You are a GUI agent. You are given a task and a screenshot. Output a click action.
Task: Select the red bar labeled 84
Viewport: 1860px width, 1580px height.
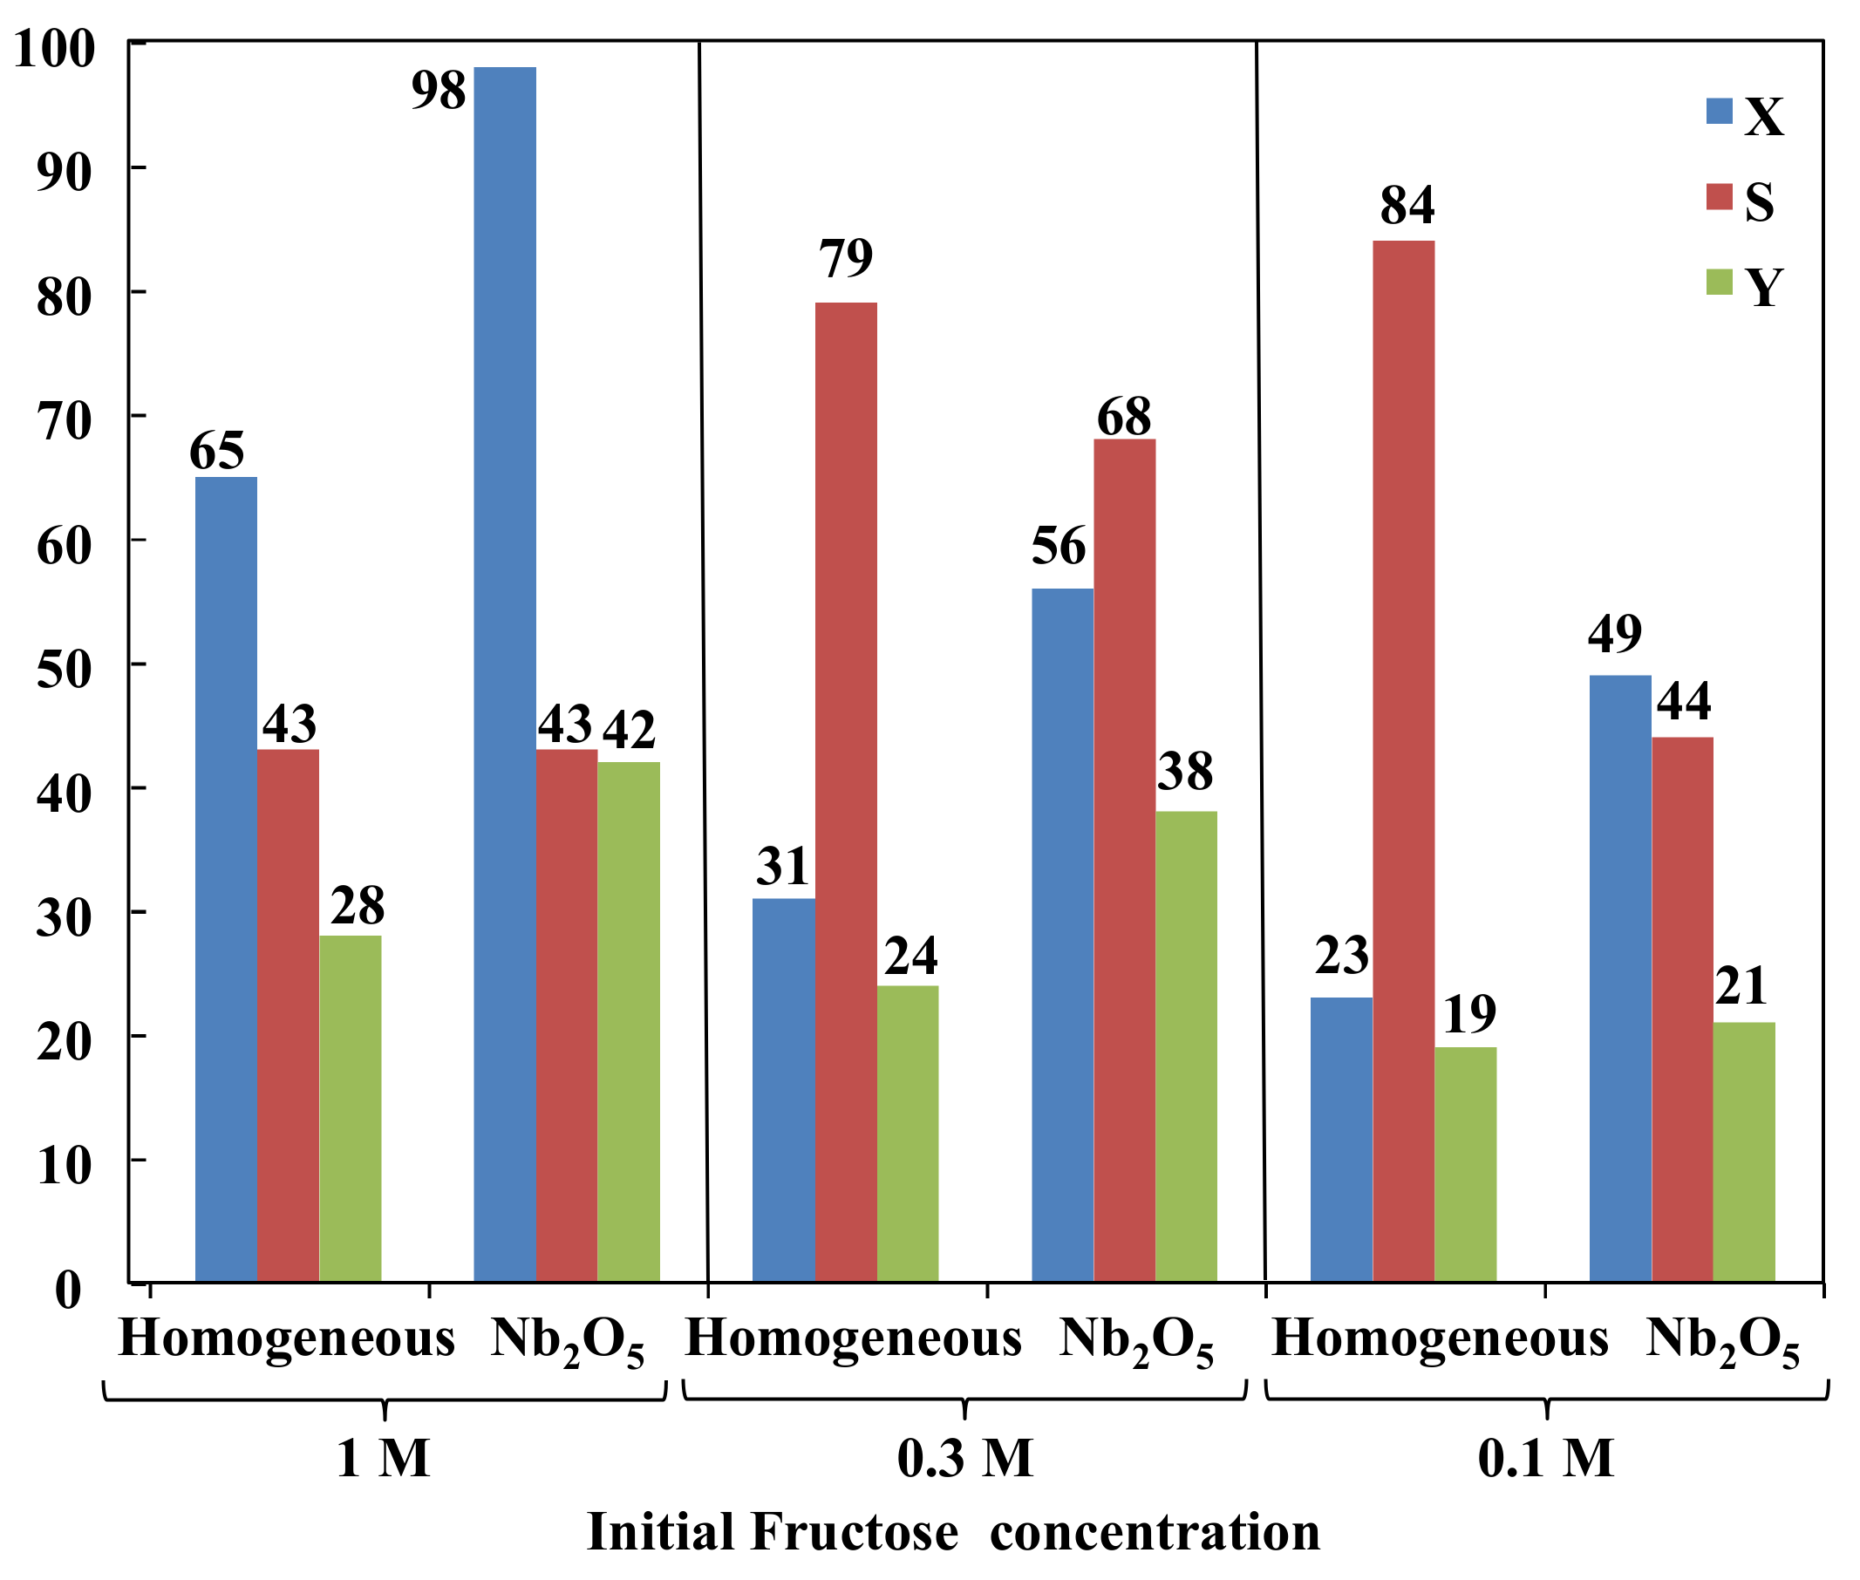point(1402,760)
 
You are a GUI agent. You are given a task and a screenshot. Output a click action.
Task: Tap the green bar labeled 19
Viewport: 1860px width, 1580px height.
point(1464,1163)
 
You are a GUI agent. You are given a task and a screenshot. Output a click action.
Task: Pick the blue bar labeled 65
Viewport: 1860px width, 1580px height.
point(226,879)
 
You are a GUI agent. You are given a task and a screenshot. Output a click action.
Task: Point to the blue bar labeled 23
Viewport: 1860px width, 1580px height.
point(1339,1139)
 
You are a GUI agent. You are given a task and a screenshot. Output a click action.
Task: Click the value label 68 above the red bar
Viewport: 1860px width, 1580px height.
point(1123,418)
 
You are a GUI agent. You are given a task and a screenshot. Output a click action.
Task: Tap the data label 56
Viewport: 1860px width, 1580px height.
point(1058,547)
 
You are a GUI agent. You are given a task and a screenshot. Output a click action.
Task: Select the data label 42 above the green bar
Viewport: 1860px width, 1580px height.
point(629,731)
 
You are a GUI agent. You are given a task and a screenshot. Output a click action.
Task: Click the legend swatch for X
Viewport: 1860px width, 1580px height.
point(1719,111)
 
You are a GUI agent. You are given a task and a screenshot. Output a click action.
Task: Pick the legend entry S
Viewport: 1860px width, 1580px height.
point(1758,201)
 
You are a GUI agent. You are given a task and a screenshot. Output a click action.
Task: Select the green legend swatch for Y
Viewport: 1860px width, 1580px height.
point(1719,283)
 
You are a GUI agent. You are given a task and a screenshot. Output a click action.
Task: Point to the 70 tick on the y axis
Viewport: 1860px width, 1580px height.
point(65,421)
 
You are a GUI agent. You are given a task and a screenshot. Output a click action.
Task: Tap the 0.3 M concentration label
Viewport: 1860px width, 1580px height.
point(964,1458)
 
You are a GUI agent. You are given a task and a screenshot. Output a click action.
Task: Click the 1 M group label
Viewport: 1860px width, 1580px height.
point(383,1458)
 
